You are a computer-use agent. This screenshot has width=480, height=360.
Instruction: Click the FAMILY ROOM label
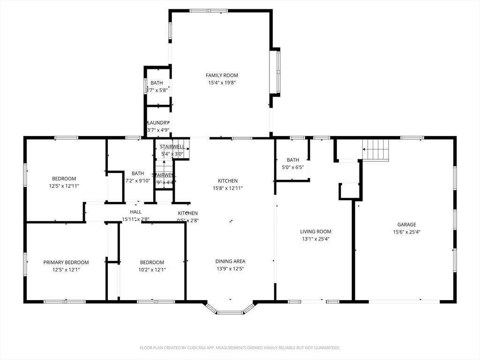point(222,75)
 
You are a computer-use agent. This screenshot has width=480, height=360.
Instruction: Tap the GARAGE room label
point(406,225)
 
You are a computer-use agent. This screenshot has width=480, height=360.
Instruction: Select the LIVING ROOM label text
point(315,231)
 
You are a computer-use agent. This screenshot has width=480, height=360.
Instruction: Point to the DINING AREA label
point(230,261)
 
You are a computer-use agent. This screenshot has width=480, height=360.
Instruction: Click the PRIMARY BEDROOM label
point(66,262)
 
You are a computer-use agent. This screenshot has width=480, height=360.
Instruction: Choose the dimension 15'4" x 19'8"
point(222,83)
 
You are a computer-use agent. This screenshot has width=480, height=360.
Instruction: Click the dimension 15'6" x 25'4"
point(406,232)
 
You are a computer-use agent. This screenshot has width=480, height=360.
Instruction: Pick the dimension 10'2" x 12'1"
point(152,270)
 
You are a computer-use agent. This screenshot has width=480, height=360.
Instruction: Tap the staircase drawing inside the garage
point(376,150)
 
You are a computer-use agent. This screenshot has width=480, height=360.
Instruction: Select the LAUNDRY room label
point(158,123)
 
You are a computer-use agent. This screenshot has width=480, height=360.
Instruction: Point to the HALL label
point(136,212)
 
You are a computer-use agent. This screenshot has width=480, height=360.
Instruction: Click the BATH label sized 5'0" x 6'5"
point(292,160)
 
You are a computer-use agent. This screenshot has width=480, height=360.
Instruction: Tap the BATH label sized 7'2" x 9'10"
point(138,173)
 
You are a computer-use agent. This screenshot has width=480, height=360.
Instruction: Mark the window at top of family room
point(209,10)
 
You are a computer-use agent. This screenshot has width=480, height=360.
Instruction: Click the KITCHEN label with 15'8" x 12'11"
point(227,180)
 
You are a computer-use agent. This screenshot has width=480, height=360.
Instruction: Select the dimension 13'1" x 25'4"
point(315,239)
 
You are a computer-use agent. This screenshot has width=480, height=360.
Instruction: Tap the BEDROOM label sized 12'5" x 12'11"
point(64,178)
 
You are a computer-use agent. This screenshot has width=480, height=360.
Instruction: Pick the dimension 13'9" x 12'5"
point(230,269)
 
